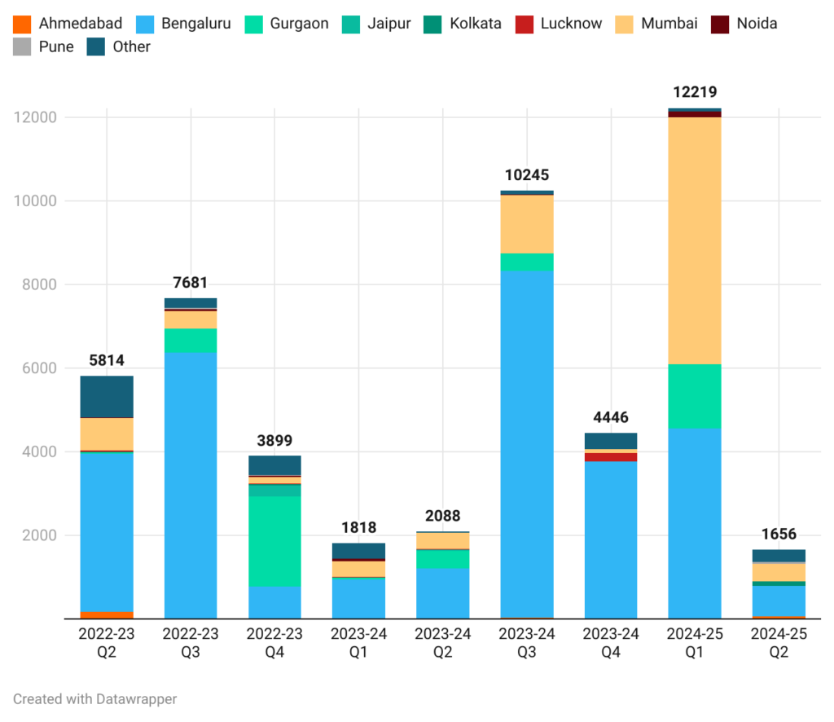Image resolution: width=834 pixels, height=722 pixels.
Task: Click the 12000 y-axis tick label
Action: coord(36,117)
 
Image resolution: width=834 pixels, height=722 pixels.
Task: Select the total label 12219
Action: coord(695,92)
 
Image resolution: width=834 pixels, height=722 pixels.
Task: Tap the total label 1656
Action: coord(779,534)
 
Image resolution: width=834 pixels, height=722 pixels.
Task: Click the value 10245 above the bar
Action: coord(527,174)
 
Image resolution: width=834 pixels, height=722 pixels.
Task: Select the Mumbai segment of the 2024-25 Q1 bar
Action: coord(695,240)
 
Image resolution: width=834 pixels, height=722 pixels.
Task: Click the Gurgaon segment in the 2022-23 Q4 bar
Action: coord(274,541)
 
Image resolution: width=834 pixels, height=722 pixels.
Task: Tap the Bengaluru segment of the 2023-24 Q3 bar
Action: coord(527,444)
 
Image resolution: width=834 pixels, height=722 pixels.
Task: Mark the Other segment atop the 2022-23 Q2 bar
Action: coord(107,397)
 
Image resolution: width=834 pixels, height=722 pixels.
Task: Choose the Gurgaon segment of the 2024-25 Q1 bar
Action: coord(695,396)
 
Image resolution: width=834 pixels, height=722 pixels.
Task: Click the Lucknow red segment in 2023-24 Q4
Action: coord(611,457)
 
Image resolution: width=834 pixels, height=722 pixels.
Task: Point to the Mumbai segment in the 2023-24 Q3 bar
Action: coord(527,224)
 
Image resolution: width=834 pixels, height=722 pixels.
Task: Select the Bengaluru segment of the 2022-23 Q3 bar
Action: coord(191,485)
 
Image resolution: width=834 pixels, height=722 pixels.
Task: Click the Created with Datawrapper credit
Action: coord(94,698)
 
